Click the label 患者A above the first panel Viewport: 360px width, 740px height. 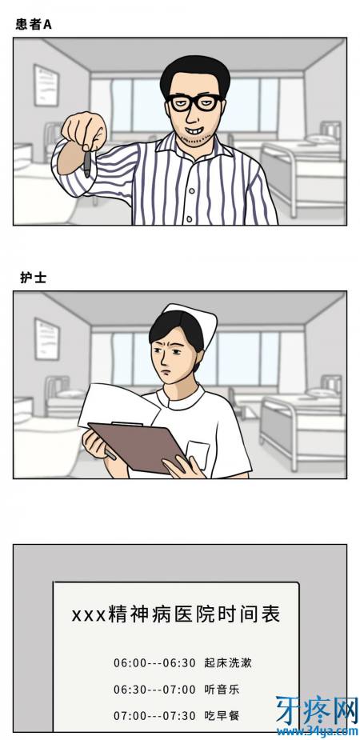click(x=33, y=25)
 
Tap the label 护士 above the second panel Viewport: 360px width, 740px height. click(x=33, y=278)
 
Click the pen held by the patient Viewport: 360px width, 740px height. click(x=87, y=163)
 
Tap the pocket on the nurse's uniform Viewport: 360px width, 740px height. click(x=198, y=454)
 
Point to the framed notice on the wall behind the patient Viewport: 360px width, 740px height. click(x=46, y=86)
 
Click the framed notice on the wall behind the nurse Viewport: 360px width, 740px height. click(x=46, y=339)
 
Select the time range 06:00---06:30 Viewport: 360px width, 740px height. click(x=154, y=663)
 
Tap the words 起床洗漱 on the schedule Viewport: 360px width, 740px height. click(x=228, y=662)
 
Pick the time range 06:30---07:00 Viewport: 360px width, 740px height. click(x=154, y=690)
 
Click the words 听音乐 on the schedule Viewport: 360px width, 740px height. click(x=222, y=689)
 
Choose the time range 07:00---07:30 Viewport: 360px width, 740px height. click(x=154, y=716)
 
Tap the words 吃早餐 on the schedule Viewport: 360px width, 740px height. click(x=222, y=715)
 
